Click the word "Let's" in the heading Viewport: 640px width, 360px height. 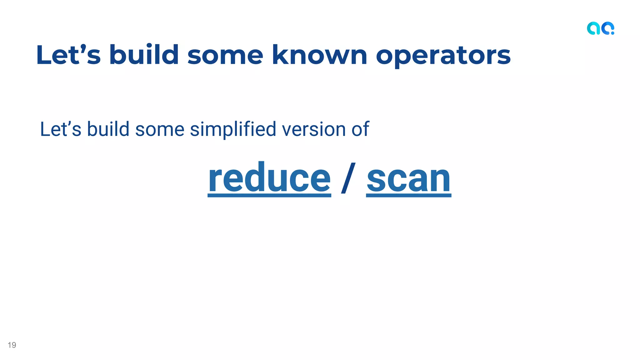click(x=68, y=55)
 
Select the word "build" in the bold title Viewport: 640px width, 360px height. click(x=144, y=55)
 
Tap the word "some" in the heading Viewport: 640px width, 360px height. click(x=225, y=55)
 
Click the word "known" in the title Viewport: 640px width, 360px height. click(x=319, y=55)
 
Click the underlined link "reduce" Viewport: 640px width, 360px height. click(x=269, y=179)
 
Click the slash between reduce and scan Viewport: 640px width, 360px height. click(x=348, y=178)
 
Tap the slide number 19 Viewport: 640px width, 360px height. click(x=12, y=345)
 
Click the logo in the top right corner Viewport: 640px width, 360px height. click(x=600, y=28)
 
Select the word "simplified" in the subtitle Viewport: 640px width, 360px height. click(x=233, y=129)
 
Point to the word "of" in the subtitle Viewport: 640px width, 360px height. click(x=360, y=129)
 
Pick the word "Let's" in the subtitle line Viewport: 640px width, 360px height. click(x=61, y=129)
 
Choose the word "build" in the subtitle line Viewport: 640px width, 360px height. click(x=108, y=129)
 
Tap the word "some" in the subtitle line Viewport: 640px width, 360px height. click(x=160, y=129)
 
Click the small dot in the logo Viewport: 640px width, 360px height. click(x=612, y=33)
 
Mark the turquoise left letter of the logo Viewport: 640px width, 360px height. click(x=593, y=28)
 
